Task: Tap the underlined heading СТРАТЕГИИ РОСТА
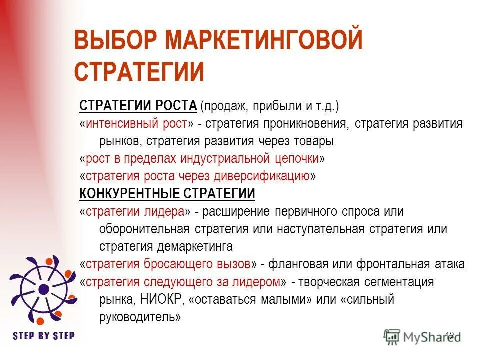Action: [x=138, y=106]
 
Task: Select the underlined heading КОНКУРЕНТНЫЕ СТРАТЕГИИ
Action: [x=167, y=193]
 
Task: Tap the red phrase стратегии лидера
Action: [x=135, y=211]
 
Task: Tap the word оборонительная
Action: [x=144, y=229]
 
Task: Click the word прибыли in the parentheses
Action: [x=274, y=106]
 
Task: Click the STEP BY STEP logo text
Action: [x=44, y=335]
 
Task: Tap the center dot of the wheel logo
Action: [x=43, y=288]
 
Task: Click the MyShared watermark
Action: [x=422, y=336]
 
